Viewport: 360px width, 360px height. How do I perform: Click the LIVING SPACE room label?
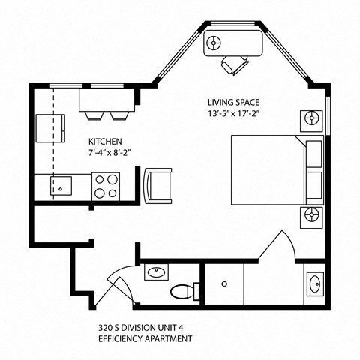pyautogui.click(x=238, y=101)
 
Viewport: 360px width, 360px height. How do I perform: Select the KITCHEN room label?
pyautogui.click(x=105, y=141)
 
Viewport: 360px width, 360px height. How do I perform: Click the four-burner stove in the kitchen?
pyautogui.click(x=106, y=185)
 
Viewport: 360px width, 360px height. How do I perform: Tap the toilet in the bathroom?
pyautogui.click(x=183, y=290)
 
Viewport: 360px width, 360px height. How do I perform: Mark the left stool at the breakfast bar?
pyautogui.click(x=94, y=114)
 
